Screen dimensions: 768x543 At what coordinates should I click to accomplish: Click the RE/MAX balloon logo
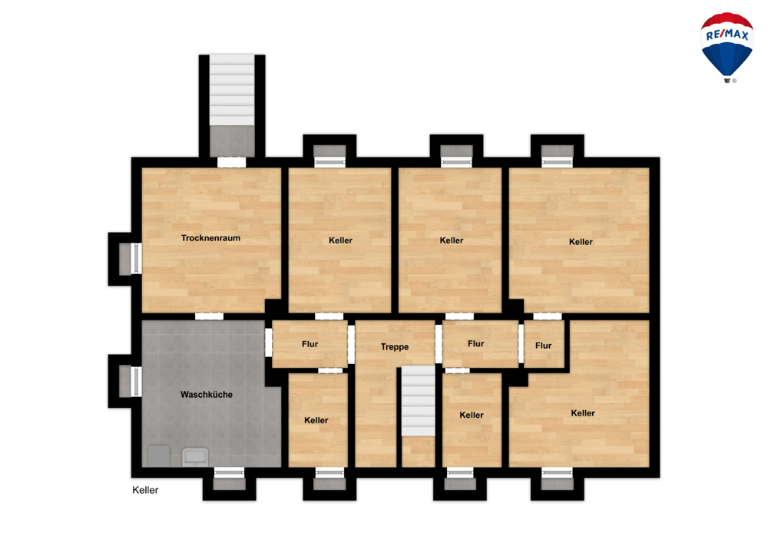727,48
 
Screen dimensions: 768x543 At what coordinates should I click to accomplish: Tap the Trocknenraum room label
210,238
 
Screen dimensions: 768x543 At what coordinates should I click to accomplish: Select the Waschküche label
206,395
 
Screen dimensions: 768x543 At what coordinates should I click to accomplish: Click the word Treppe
394,346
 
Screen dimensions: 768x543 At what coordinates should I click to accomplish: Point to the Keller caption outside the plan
145,490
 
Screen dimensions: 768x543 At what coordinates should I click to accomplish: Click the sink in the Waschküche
195,457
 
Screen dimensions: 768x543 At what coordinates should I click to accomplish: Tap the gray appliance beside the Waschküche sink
158,456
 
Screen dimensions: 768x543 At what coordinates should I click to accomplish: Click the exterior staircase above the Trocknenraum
232,91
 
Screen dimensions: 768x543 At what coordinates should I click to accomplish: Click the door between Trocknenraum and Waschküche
209,316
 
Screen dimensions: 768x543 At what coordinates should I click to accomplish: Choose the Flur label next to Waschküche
310,344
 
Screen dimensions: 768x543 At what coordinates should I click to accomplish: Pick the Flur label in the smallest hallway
543,346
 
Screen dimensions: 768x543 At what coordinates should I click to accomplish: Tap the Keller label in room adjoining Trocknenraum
340,240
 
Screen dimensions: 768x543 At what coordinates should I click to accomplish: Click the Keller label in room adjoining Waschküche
316,420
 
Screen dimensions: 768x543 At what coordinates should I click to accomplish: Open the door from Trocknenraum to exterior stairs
231,162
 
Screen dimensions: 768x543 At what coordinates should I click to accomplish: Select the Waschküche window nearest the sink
229,472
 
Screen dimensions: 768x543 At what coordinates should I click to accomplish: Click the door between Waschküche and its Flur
268,343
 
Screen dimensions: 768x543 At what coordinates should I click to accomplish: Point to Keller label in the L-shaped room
583,413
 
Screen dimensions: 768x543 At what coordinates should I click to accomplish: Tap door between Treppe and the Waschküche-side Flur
351,344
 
